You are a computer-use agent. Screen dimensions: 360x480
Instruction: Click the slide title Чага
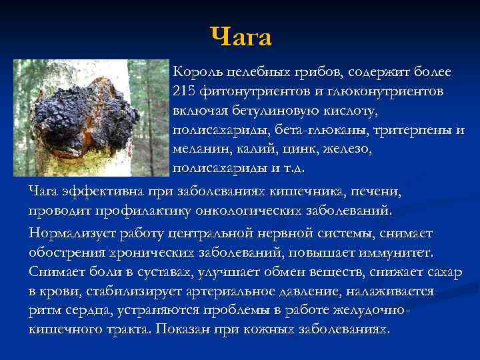pyautogui.click(x=241, y=37)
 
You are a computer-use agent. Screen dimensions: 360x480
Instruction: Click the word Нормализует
pyautogui.click(x=71, y=233)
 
